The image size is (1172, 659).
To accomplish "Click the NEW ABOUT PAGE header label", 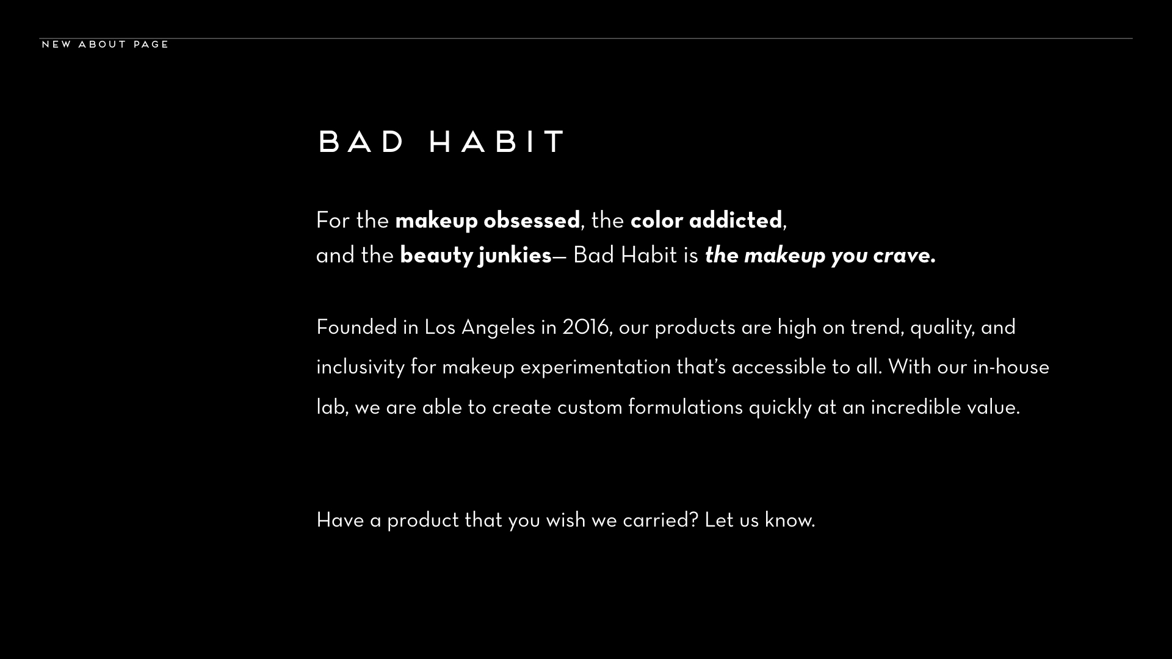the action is pyautogui.click(x=105, y=45).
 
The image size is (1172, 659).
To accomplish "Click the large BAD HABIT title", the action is pyautogui.click(x=443, y=142).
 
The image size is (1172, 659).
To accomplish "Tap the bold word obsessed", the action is pyautogui.click(x=532, y=220).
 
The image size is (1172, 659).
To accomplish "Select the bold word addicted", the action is pyautogui.click(x=736, y=220).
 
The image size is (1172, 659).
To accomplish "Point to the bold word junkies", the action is pyautogui.click(x=515, y=256).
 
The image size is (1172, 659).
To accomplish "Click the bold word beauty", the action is pyautogui.click(x=436, y=256).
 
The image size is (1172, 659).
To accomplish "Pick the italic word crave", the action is pyautogui.click(x=904, y=256).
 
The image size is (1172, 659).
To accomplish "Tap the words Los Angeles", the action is pyautogui.click(x=480, y=328).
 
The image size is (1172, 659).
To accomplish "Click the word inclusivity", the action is pyautogui.click(x=361, y=368).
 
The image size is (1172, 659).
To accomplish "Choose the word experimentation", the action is pyautogui.click(x=595, y=368).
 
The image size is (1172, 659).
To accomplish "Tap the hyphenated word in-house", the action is pyautogui.click(x=1011, y=367).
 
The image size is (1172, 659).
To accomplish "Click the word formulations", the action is pyautogui.click(x=685, y=408).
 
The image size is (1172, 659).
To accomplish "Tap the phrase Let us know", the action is pyautogui.click(x=760, y=520).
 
